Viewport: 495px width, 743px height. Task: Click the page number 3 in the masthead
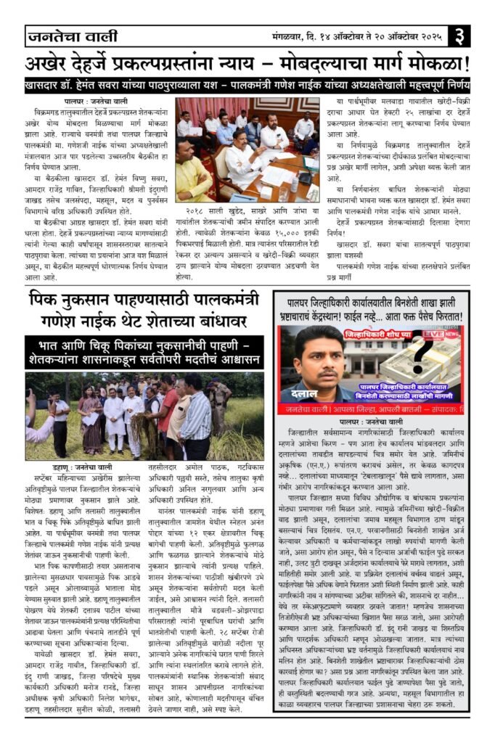[460, 34]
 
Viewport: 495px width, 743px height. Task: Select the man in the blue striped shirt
[196, 417]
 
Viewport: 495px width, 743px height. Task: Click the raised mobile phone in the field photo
[32, 396]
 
